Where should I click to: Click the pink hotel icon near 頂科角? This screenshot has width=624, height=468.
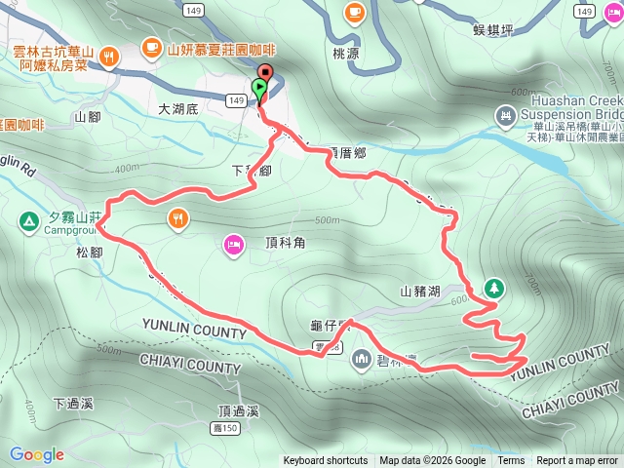[233, 243]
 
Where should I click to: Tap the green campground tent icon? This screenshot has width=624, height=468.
[28, 222]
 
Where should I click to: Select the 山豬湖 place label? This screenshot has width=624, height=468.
[421, 291]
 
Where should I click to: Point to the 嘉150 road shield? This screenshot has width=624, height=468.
[224, 429]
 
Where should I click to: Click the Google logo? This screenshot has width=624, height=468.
[37, 454]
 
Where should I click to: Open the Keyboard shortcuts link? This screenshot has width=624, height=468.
[326, 461]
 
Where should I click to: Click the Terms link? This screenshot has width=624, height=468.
[511, 461]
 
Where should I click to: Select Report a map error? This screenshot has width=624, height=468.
[578, 461]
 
